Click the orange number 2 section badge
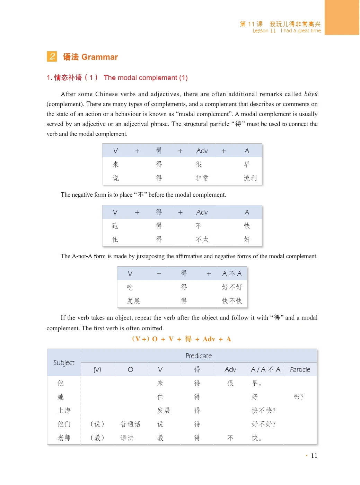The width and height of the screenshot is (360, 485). [x=52, y=56]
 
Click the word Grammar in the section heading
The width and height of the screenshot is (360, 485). [x=100, y=57]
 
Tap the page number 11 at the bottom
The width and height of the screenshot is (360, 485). [x=314, y=456]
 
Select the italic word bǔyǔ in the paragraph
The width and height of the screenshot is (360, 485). [x=311, y=94]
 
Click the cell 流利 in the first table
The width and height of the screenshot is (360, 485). [x=250, y=178]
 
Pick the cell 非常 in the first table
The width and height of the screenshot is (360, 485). [x=202, y=178]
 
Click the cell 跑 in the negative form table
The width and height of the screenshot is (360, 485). [x=115, y=226]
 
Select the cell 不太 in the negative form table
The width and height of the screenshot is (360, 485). [x=202, y=239]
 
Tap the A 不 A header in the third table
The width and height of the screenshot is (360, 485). [x=232, y=273]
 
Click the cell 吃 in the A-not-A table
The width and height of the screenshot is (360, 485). [x=130, y=287]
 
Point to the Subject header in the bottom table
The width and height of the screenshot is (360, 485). [x=64, y=362]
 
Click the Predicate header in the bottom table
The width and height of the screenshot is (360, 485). [x=199, y=356]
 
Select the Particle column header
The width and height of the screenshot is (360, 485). [x=300, y=369]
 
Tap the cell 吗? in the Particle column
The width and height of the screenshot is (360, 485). [x=298, y=397]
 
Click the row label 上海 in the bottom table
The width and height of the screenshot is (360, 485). [x=64, y=410]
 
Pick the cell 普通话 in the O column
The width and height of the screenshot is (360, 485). [x=130, y=424]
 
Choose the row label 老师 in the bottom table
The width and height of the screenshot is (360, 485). [x=64, y=438]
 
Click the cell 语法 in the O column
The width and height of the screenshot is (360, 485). [x=127, y=438]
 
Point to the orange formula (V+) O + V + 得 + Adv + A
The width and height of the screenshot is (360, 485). [x=182, y=339]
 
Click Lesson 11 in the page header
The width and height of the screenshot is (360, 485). [x=264, y=31]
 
